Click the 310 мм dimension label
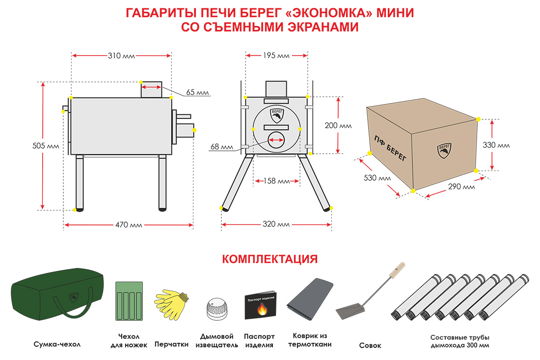point(121,56)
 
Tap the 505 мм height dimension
point(46,146)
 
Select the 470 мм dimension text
point(129,225)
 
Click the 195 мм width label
point(276,56)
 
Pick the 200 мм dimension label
point(338,126)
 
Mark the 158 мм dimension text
point(276,181)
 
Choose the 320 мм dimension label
point(276,224)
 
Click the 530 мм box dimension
point(378,178)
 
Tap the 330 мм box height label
point(496,145)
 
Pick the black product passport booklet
point(260,305)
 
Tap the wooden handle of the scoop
point(397,271)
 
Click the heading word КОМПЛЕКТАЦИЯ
point(270,259)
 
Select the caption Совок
point(370,346)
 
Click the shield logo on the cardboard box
point(444,151)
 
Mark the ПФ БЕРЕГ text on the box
point(390,148)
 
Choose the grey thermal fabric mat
point(310,299)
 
